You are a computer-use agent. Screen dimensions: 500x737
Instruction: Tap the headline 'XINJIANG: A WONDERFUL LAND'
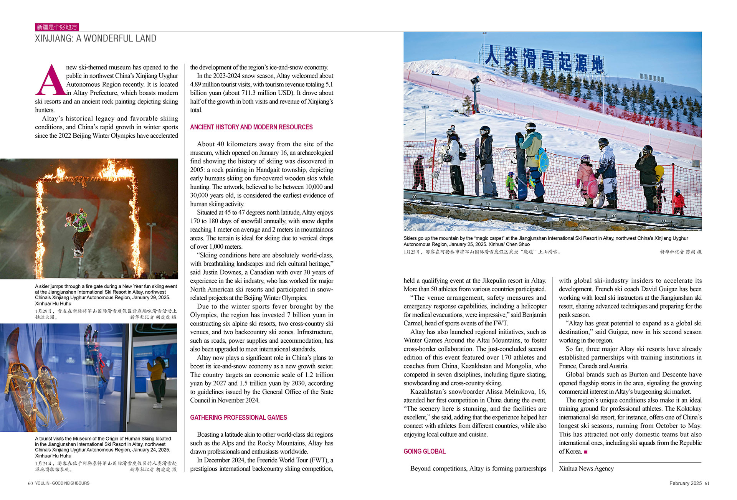coord(96,38)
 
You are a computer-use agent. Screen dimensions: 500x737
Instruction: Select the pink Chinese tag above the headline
coord(57,27)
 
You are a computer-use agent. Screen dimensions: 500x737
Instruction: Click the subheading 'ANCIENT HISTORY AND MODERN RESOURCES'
coord(251,127)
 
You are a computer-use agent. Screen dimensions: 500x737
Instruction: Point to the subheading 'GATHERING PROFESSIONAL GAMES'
coord(238,417)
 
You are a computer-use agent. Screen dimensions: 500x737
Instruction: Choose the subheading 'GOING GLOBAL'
coord(424,451)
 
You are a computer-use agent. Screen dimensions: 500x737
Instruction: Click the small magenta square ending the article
coord(586,452)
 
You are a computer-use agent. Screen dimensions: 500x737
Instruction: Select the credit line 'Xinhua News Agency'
coord(586,469)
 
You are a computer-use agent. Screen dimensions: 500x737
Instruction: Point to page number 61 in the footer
coord(707,483)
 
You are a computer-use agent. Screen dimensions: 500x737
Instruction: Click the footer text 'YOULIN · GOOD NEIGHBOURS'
coord(62,483)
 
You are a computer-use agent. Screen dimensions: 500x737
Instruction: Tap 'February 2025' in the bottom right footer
coord(685,483)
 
